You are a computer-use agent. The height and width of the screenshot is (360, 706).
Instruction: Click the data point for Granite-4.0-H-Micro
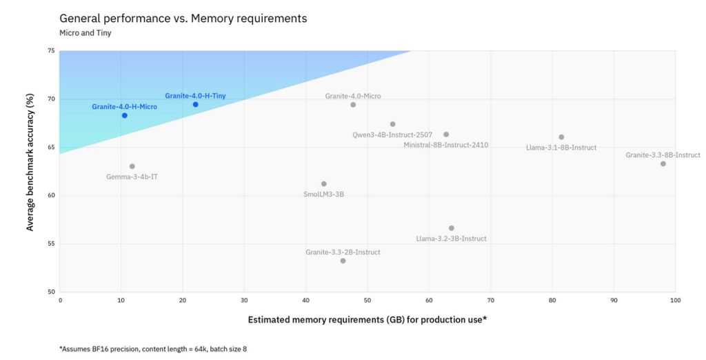coord(125,115)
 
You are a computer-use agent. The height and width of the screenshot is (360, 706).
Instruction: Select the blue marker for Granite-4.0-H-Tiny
coord(195,104)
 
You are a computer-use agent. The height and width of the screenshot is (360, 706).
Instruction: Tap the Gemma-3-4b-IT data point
coord(132,166)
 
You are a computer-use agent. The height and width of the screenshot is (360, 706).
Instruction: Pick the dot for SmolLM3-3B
coord(324,183)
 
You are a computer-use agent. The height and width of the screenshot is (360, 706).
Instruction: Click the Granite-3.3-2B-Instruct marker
coord(343,261)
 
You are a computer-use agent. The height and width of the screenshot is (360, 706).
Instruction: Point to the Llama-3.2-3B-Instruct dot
coord(452,228)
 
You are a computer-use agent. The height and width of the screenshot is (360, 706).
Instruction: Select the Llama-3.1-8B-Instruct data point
coord(561,137)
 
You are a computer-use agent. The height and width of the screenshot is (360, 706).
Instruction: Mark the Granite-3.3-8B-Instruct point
coord(663,163)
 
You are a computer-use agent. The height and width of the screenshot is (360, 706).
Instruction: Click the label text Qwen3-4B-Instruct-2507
coord(392,135)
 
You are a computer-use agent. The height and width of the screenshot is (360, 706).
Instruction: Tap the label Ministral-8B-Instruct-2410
coord(446,145)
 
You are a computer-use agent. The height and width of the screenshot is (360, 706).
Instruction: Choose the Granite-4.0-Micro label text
coord(353,96)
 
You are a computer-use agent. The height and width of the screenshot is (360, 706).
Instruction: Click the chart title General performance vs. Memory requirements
coord(183,19)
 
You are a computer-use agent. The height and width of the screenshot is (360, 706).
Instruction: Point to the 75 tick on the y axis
coord(52,51)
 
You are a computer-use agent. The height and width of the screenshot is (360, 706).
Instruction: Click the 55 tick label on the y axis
coord(52,243)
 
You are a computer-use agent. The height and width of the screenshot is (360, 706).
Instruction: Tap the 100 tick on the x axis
coord(675,301)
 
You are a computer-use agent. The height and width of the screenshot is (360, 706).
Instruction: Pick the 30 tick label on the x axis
coord(244,301)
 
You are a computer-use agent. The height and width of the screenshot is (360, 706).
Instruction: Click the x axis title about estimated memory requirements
coord(368,320)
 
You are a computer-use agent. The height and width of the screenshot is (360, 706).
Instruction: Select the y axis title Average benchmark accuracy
coord(30,172)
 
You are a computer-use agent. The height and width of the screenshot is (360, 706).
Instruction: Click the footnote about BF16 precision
coord(153,349)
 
